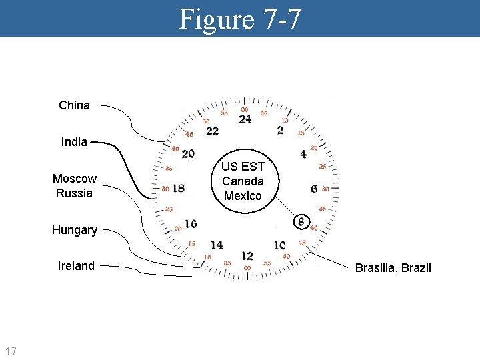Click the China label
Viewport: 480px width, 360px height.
[x=74, y=105]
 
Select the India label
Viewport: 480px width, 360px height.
[x=74, y=142]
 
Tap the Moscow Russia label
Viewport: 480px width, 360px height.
[x=75, y=186]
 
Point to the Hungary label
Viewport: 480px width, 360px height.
[x=75, y=230]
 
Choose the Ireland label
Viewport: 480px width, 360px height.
[x=76, y=266]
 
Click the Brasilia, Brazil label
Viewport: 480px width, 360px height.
[x=393, y=268]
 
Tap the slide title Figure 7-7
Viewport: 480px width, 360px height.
[x=240, y=19]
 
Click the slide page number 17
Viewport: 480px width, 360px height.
[x=11, y=351]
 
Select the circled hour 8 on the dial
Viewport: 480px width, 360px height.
[x=301, y=221]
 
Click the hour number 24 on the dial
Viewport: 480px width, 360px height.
[x=245, y=119]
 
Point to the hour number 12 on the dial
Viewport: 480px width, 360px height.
[x=247, y=256]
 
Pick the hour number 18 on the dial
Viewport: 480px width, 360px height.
[x=179, y=188]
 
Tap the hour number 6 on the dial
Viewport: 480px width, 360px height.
[x=313, y=189]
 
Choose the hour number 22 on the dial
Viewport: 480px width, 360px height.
[x=212, y=131]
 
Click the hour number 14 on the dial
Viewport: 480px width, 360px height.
[x=216, y=245]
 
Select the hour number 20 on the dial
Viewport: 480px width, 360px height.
[x=188, y=154]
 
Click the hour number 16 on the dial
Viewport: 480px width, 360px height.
[x=191, y=223]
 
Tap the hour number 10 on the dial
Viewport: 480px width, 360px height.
[x=279, y=246]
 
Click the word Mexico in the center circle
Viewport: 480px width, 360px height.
[x=243, y=196]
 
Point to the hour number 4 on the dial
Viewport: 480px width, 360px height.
[x=303, y=154]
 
